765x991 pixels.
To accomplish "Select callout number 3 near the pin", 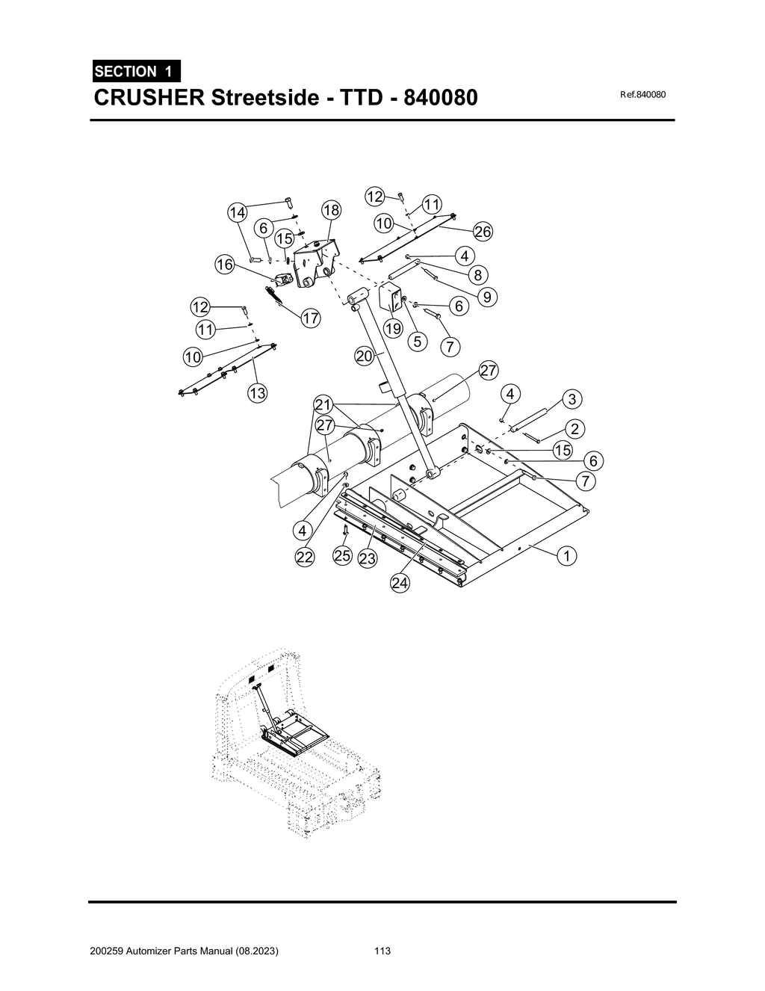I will (572, 399).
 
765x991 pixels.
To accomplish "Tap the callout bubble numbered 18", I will (331, 210).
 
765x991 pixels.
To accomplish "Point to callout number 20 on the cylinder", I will (364, 357).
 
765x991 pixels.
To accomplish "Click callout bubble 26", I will (483, 232).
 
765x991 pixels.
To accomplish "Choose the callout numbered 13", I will (258, 393).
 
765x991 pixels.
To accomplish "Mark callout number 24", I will (400, 583).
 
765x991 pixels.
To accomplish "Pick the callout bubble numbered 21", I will (323, 405).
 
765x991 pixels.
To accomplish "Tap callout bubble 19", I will (393, 328).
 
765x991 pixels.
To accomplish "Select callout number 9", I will (487, 297).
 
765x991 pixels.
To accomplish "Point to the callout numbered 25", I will (343, 556).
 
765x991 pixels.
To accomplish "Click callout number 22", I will (304, 558).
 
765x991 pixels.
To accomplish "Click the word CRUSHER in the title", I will (149, 98).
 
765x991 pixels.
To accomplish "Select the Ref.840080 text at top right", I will (642, 95).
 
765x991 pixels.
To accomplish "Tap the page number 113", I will (382, 951).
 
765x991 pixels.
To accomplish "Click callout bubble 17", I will (311, 319).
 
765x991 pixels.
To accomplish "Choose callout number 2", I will (575, 429).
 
